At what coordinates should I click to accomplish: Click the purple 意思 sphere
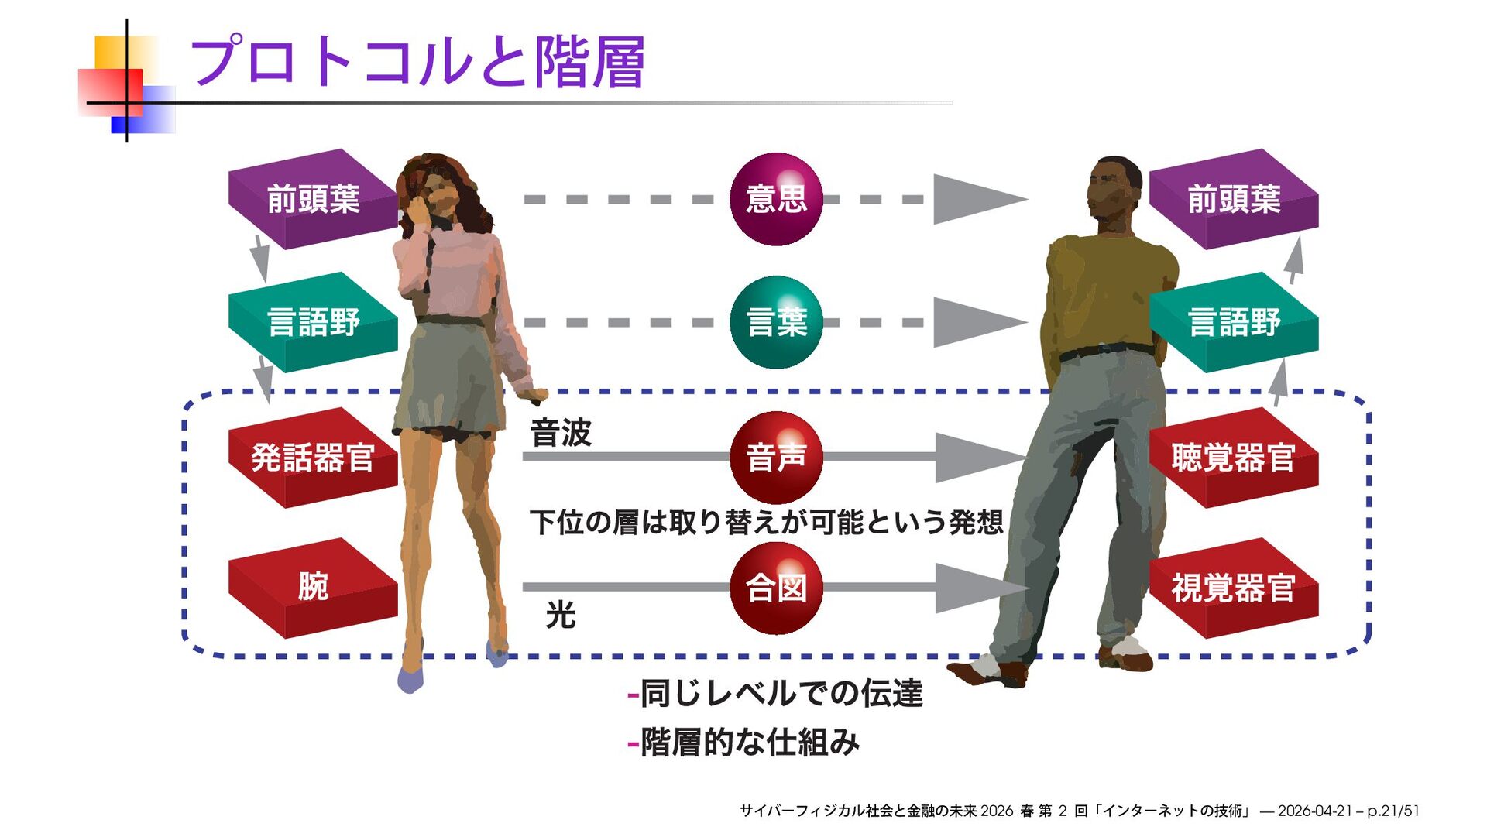tap(776, 199)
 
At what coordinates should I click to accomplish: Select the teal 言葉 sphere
tap(776, 322)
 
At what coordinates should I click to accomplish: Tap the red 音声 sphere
tap(776, 457)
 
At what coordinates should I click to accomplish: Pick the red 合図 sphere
tap(776, 588)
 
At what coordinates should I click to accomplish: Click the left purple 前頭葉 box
tap(313, 199)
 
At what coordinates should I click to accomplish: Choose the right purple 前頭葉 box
tap(1234, 199)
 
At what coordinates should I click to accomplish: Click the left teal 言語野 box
tap(313, 322)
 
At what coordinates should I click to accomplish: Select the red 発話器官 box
tap(313, 457)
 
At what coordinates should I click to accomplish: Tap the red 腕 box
tap(313, 587)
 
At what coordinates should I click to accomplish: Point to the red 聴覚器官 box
tap(1234, 457)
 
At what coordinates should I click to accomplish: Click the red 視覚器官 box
tap(1234, 588)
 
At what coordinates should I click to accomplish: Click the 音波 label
tap(561, 433)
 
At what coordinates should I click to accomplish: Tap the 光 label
tap(561, 616)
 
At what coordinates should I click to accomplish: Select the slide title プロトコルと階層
tap(417, 62)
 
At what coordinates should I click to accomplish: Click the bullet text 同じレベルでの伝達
tap(781, 693)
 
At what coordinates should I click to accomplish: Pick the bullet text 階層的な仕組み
tap(750, 743)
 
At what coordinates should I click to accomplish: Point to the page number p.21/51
tap(1393, 811)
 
